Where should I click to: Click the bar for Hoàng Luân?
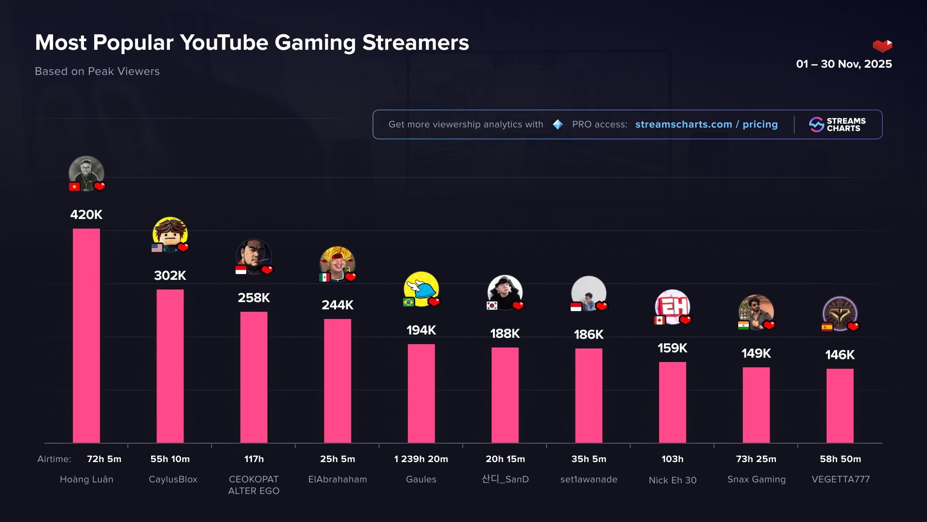(86, 335)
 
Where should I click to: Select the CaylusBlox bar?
(170, 366)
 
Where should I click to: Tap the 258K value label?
(253, 298)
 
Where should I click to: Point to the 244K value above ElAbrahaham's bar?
(337, 305)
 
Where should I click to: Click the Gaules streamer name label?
(421, 479)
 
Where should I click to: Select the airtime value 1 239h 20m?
(421, 459)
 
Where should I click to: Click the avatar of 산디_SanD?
(505, 292)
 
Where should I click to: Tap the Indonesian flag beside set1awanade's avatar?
(576, 307)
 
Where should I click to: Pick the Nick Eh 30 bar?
(673, 402)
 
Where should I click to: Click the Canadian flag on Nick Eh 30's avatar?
(660, 320)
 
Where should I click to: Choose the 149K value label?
(756, 353)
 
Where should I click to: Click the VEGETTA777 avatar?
(840, 313)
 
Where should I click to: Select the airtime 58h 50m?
(840, 459)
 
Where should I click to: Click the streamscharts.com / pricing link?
(706, 124)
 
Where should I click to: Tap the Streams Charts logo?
(837, 125)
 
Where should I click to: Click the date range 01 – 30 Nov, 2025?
(843, 64)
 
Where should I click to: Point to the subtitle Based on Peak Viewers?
(97, 71)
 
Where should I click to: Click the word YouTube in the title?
(224, 43)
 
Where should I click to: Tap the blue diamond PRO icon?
(558, 125)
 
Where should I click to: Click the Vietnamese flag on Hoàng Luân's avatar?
(74, 187)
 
